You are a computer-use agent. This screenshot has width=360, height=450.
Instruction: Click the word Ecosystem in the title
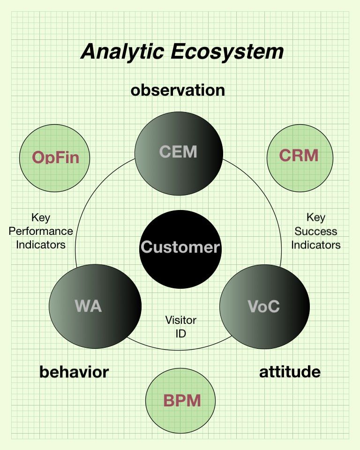click(227, 52)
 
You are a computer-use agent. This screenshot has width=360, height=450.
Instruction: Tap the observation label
click(178, 90)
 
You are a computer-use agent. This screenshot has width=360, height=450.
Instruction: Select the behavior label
click(74, 372)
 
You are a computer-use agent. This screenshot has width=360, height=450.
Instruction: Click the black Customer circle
click(180, 247)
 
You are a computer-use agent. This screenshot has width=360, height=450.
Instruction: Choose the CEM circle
click(179, 151)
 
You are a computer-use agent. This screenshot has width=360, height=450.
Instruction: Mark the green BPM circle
click(181, 401)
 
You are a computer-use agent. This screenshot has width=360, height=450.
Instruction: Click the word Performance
click(41, 231)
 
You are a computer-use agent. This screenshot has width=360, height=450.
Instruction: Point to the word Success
click(315, 231)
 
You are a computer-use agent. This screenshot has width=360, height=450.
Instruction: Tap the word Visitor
click(180, 320)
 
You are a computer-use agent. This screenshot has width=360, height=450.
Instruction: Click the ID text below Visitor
click(180, 333)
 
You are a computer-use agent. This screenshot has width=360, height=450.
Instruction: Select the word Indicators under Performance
click(41, 245)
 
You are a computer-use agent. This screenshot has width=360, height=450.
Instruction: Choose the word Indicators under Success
click(315, 245)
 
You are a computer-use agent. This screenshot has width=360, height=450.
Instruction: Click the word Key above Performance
click(41, 217)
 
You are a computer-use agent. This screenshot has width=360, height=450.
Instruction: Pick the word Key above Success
click(315, 217)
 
